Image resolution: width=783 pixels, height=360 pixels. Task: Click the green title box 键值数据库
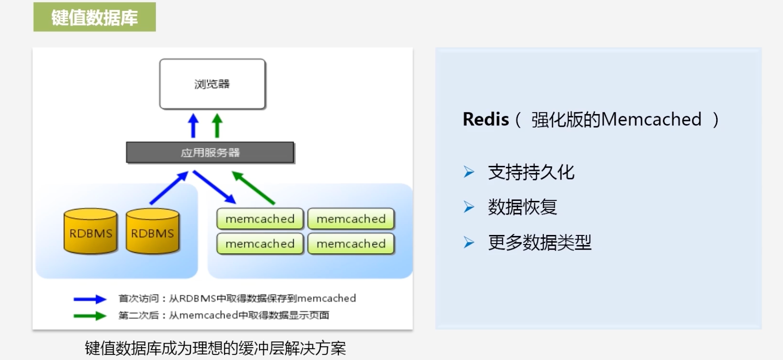(95, 17)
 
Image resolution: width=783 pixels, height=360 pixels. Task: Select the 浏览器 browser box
(212, 84)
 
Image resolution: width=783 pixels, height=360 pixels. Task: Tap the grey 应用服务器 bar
(210, 153)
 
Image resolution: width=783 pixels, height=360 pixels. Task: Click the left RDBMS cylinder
(90, 232)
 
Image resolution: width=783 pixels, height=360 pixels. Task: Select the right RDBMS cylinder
(152, 232)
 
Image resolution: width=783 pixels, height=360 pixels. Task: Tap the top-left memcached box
(260, 219)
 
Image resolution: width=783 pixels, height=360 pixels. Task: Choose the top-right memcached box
(351, 219)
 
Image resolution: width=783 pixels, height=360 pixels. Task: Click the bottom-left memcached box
(260, 244)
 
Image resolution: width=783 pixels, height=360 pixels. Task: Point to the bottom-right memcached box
(351, 244)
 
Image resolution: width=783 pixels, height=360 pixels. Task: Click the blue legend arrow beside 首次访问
(90, 299)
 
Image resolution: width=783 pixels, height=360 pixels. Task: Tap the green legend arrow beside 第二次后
(90, 315)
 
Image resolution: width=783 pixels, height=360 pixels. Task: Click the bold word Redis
(486, 120)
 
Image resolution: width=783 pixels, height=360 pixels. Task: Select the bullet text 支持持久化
(531, 172)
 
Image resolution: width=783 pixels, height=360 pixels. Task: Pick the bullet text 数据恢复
(522, 207)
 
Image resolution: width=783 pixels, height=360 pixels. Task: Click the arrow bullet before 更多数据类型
(469, 242)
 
